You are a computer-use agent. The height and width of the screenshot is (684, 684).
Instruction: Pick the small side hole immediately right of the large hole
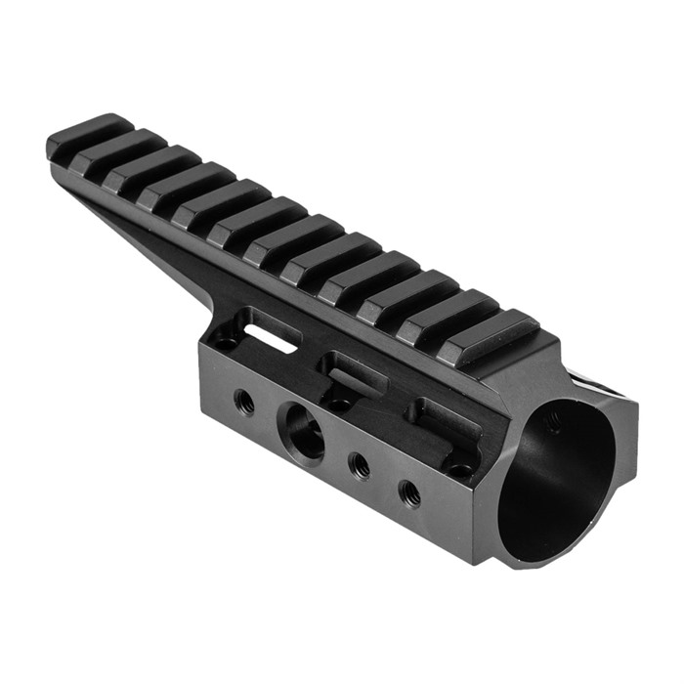pos(359,464)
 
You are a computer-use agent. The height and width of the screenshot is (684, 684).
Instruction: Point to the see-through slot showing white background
pos(271,337)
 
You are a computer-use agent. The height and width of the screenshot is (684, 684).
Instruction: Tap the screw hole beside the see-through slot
pos(226,342)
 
